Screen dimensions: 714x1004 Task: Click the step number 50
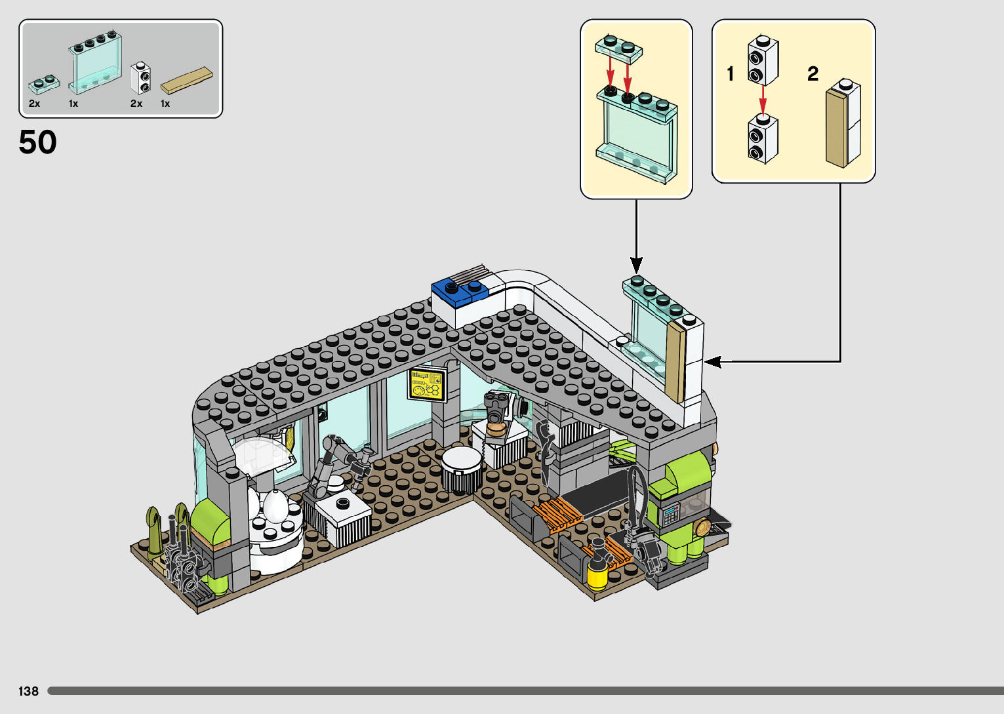pos(38,142)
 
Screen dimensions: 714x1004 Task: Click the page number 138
pos(28,691)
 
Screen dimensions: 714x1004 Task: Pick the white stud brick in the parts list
pos(140,78)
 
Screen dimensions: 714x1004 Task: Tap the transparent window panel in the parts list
pos(95,64)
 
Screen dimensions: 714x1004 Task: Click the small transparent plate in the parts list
pos(44,84)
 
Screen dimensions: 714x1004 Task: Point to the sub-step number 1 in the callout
pos(730,73)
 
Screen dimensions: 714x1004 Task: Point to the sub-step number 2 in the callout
pos(813,73)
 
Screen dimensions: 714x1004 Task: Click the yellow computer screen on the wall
pos(427,384)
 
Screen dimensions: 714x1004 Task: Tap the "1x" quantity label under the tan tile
pos(165,104)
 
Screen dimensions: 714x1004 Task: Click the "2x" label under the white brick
pos(136,104)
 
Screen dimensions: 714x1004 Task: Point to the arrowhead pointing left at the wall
pos(713,361)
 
